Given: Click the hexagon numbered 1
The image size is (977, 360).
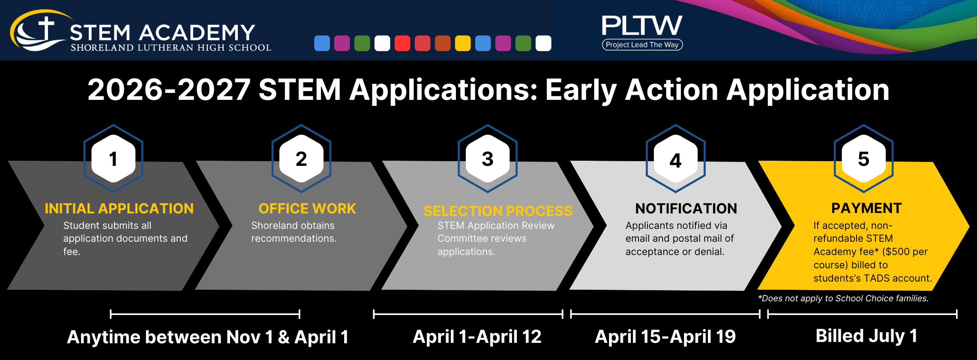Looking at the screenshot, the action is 113,159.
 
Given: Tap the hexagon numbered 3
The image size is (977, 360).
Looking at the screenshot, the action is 488,159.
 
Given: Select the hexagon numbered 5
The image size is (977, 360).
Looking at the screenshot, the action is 863,159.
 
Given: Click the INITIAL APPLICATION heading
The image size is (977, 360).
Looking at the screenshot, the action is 119,208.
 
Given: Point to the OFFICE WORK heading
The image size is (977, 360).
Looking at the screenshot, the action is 307,208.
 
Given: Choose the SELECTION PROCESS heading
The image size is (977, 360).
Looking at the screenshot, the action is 498,211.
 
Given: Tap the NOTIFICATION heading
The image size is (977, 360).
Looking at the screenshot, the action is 686,208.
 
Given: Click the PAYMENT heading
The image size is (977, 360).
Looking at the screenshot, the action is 866,208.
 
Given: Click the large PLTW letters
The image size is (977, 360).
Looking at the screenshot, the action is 642,25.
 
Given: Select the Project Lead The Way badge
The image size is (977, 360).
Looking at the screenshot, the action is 642,45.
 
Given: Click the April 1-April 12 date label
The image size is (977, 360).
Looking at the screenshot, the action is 477,337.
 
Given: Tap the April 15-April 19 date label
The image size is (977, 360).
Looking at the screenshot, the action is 665,337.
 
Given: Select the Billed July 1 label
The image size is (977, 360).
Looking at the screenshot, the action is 866,336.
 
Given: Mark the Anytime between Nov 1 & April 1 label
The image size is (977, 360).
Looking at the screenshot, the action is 208,337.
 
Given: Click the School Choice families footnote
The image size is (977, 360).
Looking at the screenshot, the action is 843,298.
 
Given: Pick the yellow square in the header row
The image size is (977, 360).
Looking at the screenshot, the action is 463,43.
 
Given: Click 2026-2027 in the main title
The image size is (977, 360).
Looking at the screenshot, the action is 169,90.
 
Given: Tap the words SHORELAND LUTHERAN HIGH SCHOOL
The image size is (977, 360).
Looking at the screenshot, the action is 171,48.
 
